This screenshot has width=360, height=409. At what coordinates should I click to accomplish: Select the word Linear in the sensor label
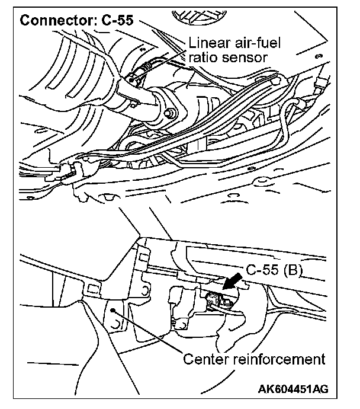[x=206, y=43]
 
